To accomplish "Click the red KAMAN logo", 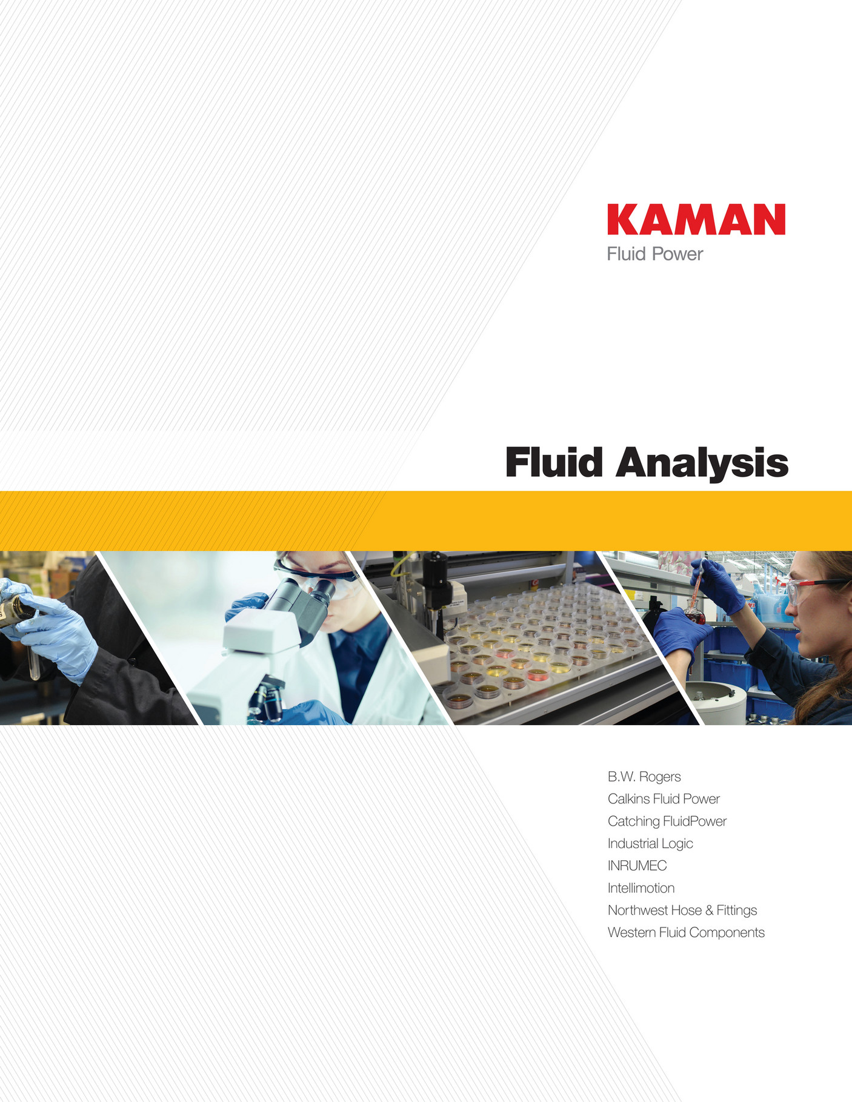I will click(696, 219).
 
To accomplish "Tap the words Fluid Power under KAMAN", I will click(654, 254).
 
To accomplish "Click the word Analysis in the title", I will click(702, 463).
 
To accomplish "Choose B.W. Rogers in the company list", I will click(644, 777).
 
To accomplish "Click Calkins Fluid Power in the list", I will click(664, 799).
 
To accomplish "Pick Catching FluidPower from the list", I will click(667, 822).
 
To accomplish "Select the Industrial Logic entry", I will click(650, 844).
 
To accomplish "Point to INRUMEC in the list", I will click(637, 866).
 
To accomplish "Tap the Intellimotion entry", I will click(641, 888).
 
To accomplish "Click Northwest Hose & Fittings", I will click(682, 911).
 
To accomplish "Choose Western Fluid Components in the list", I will click(686, 933).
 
